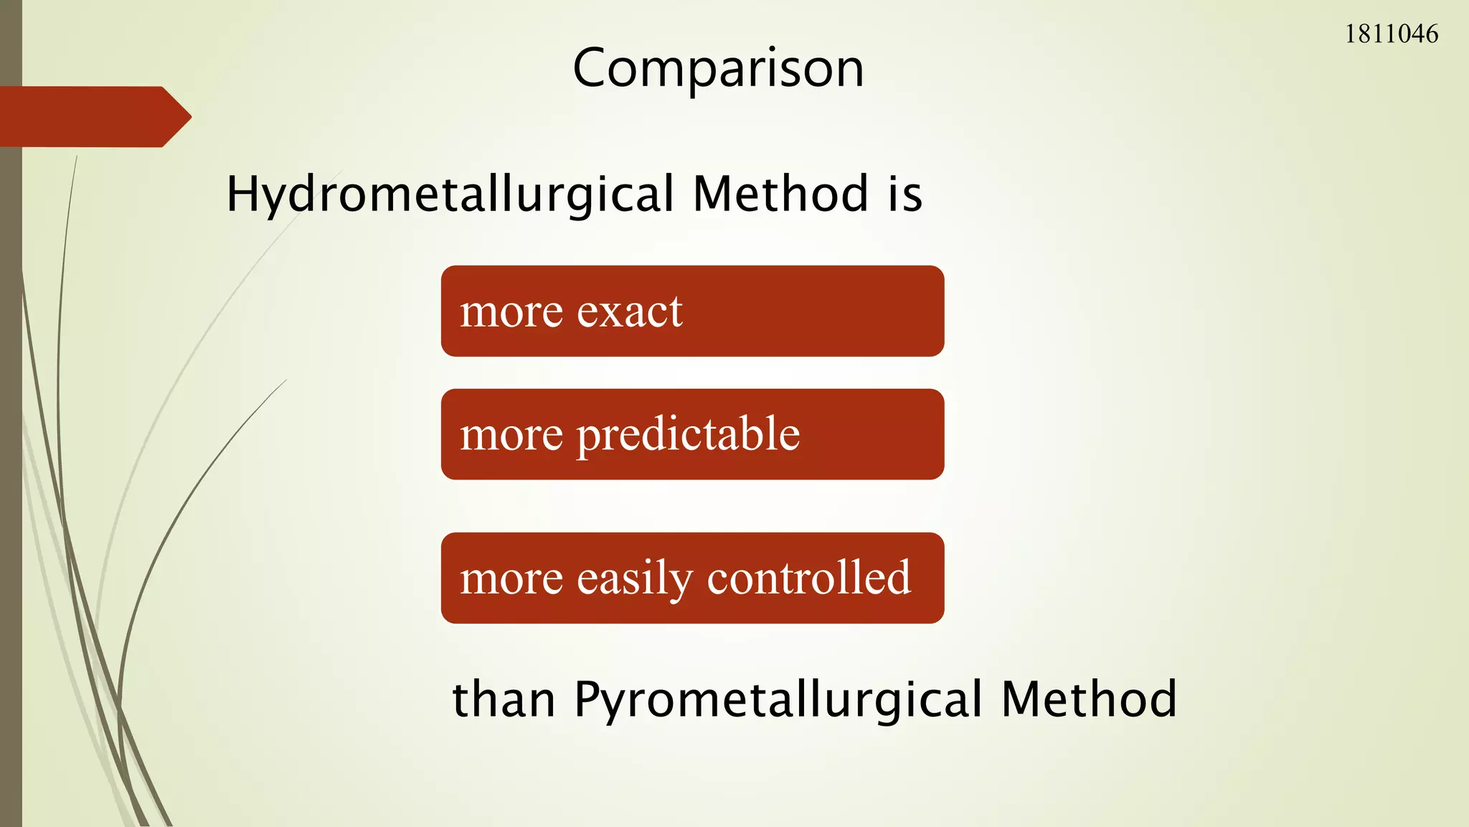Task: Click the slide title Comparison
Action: (718, 69)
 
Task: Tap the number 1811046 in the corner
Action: (1391, 34)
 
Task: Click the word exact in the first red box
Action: (629, 312)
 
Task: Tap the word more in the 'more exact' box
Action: (511, 312)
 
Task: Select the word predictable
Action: (688, 435)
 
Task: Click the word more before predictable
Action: (511, 435)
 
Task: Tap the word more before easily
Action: (511, 579)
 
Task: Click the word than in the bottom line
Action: (504, 699)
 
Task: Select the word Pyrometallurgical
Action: (778, 699)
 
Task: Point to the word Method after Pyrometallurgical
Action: (1089, 699)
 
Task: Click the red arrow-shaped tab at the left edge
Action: (86, 117)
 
